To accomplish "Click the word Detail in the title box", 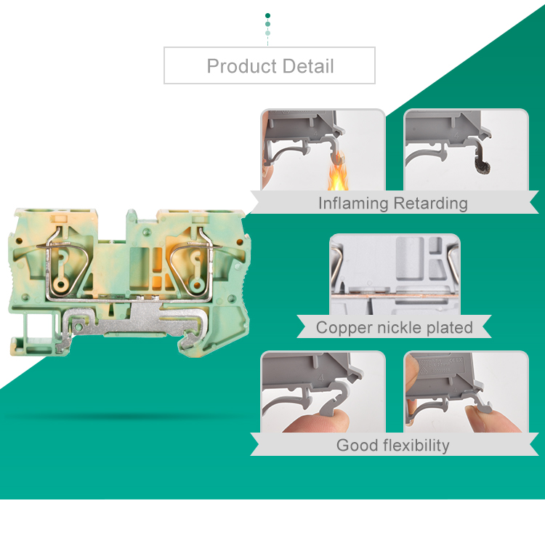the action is tap(308, 66).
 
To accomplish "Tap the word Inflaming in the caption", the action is tap(353, 204).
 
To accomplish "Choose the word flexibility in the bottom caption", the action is tap(416, 446).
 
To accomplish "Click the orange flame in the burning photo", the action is tap(337, 173).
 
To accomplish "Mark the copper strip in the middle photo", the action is tap(395, 296).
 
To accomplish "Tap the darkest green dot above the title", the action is tap(267, 16).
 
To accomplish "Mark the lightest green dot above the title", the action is tap(267, 33).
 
